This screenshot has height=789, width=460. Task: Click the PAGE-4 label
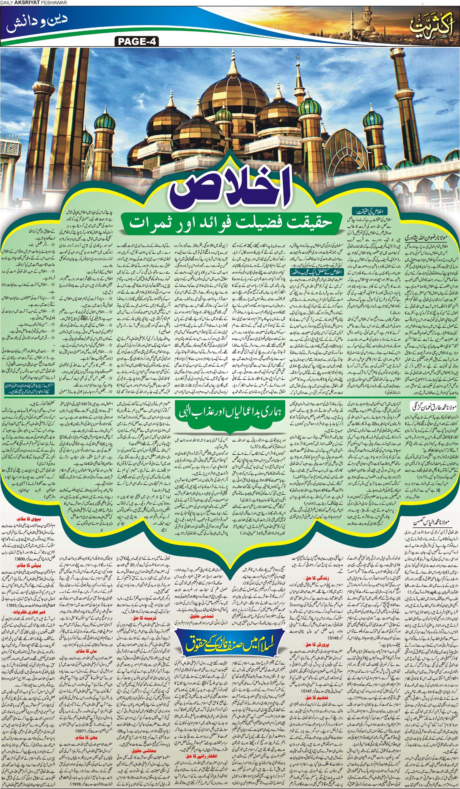coord(137,41)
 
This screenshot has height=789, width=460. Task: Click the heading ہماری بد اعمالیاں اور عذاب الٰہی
coord(230,413)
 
